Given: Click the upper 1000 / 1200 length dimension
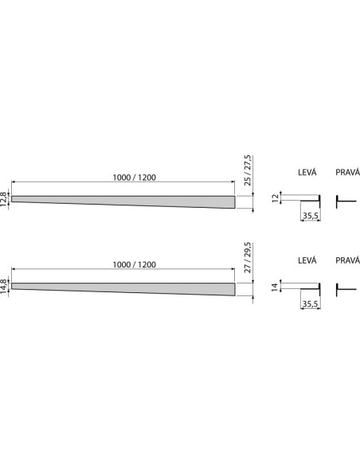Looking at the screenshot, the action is (x=135, y=178).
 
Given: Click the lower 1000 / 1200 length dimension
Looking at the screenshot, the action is (x=135, y=264).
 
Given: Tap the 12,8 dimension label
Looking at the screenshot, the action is (x=3, y=199).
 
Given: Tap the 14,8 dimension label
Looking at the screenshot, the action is (x=3, y=286).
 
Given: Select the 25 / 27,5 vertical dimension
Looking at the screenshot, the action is (x=248, y=170).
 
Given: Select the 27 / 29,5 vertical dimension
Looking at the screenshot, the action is (x=248, y=257).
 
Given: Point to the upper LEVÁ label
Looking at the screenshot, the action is (x=307, y=172).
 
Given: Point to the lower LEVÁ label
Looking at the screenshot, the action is (x=307, y=260).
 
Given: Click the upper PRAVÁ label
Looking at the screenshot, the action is (x=347, y=172).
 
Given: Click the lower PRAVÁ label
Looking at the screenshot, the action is (x=347, y=260).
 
